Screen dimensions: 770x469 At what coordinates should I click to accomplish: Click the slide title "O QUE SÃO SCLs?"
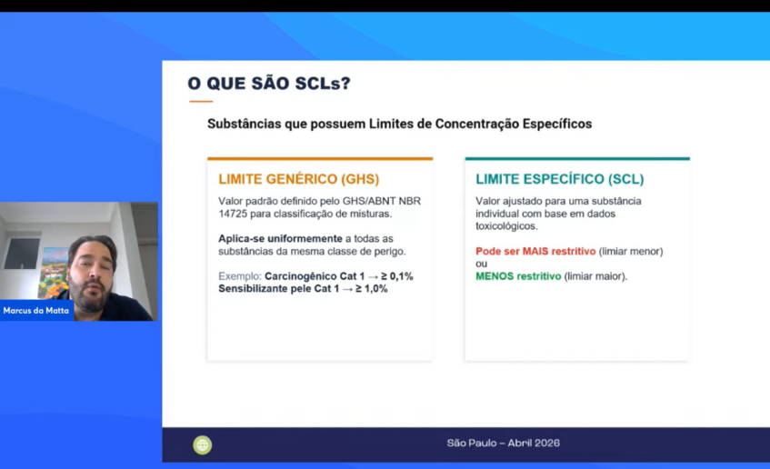click(268, 83)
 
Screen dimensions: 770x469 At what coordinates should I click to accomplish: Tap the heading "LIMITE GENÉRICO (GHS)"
click(298, 179)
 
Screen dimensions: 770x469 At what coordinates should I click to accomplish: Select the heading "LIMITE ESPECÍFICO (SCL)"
click(559, 179)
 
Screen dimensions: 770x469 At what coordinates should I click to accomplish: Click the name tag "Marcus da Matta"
click(35, 310)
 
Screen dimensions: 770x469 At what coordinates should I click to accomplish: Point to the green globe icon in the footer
click(203, 445)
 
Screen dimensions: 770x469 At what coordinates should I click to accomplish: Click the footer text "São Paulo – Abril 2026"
click(504, 443)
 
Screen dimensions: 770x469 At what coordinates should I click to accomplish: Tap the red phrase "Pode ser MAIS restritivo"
click(535, 252)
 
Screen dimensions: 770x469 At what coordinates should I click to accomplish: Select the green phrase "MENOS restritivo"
click(518, 276)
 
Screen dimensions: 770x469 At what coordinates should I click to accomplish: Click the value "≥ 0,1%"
click(396, 276)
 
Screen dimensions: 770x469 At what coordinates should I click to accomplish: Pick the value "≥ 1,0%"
click(371, 289)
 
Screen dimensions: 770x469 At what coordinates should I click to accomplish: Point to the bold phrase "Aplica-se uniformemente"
click(280, 239)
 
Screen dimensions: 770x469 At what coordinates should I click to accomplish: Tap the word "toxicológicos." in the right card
click(506, 226)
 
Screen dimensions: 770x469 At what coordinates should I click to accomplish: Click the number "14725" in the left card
click(233, 214)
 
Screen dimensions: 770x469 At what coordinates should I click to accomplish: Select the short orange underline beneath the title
click(201, 101)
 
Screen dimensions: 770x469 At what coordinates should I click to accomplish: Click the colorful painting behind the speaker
click(53, 272)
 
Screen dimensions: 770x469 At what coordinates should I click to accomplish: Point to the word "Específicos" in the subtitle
click(557, 124)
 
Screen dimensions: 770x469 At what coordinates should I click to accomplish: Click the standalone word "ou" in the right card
click(481, 264)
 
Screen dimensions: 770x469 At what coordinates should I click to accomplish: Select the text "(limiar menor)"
click(631, 252)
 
